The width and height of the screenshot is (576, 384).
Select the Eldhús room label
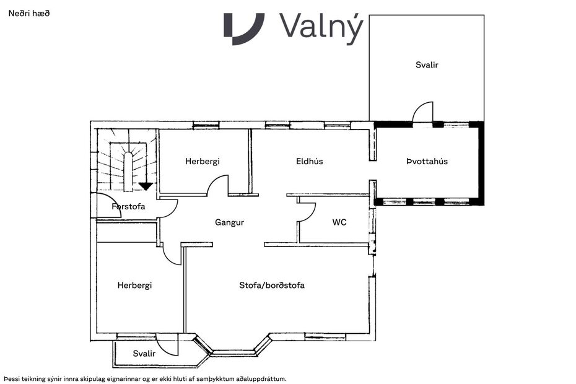point(309,162)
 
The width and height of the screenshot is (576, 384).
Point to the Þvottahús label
point(427,162)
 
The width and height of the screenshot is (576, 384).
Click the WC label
point(339,222)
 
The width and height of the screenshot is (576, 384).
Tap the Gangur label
point(229,222)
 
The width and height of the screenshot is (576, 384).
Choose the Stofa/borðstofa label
point(272,286)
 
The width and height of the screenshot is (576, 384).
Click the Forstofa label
point(128,206)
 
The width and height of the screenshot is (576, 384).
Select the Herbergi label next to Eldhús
point(202,162)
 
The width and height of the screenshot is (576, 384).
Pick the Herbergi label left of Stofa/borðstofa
point(134,286)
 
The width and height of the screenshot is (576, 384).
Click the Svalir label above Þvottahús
point(427,64)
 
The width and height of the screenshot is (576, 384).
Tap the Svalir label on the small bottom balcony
point(144,353)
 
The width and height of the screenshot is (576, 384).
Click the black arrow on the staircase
point(146,186)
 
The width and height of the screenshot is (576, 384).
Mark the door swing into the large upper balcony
point(422,113)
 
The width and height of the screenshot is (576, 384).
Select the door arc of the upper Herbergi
point(217,185)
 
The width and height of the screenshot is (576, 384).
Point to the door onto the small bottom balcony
point(167,344)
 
